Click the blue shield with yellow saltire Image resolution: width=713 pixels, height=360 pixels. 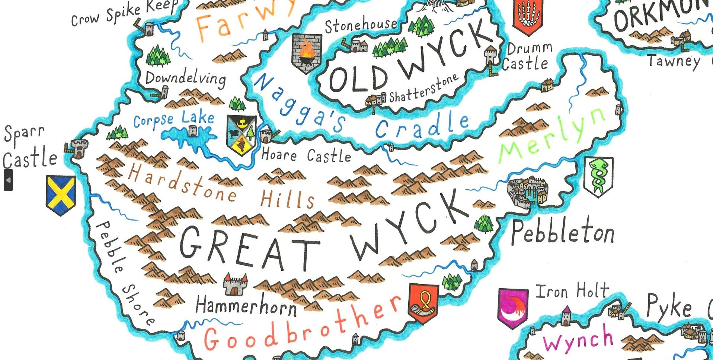click(x=61, y=195)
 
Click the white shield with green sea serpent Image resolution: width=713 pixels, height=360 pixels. click(x=598, y=176)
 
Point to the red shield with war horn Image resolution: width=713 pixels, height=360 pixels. click(x=423, y=303)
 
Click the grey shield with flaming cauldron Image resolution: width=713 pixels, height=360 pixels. click(x=307, y=53)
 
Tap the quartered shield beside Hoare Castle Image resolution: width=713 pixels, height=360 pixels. click(x=242, y=135)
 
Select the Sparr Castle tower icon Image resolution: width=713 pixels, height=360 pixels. click(x=79, y=148)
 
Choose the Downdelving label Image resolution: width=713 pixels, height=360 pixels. click(x=185, y=78)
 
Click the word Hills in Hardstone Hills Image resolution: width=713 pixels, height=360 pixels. click(x=287, y=199)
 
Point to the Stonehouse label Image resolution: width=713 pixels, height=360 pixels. click(x=361, y=25)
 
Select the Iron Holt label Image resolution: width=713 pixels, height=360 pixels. click(x=572, y=291)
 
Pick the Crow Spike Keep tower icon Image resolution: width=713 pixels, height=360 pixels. click(x=148, y=28)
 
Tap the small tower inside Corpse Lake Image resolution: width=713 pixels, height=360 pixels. click(x=192, y=131)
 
